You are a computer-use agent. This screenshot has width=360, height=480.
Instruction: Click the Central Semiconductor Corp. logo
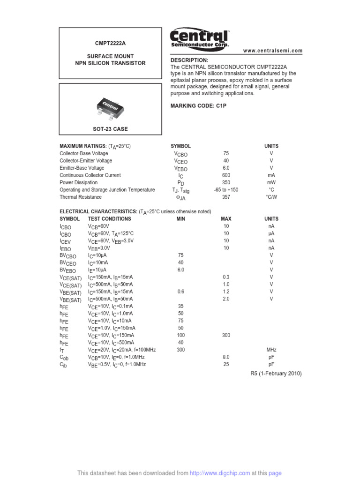click(x=199, y=38)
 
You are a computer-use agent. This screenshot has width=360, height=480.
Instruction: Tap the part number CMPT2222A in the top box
click(x=111, y=43)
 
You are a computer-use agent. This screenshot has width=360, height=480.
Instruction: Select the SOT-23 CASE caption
click(x=111, y=129)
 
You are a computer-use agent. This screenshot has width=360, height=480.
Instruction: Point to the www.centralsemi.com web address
click(x=273, y=51)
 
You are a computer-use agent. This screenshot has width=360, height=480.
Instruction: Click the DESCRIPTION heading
click(x=189, y=60)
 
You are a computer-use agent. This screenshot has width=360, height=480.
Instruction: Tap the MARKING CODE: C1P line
click(x=198, y=106)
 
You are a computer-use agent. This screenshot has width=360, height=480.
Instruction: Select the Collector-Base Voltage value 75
click(x=226, y=153)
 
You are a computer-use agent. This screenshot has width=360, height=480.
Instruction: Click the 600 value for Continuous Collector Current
click(x=226, y=175)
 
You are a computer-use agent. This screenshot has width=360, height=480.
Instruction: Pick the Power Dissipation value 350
click(x=226, y=182)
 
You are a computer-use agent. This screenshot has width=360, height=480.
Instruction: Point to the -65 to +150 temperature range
click(x=226, y=190)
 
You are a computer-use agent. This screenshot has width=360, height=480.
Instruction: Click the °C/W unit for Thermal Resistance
click(x=271, y=197)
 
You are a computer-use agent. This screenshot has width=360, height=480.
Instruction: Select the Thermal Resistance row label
click(x=81, y=197)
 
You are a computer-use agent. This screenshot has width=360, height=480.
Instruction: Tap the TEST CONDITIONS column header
click(x=110, y=219)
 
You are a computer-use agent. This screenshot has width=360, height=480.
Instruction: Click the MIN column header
click(x=181, y=219)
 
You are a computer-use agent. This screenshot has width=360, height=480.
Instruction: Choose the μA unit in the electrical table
click(x=271, y=233)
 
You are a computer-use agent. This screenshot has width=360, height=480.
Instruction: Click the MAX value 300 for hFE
click(x=226, y=335)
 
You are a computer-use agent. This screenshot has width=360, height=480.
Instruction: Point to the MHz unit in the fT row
click(x=271, y=350)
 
